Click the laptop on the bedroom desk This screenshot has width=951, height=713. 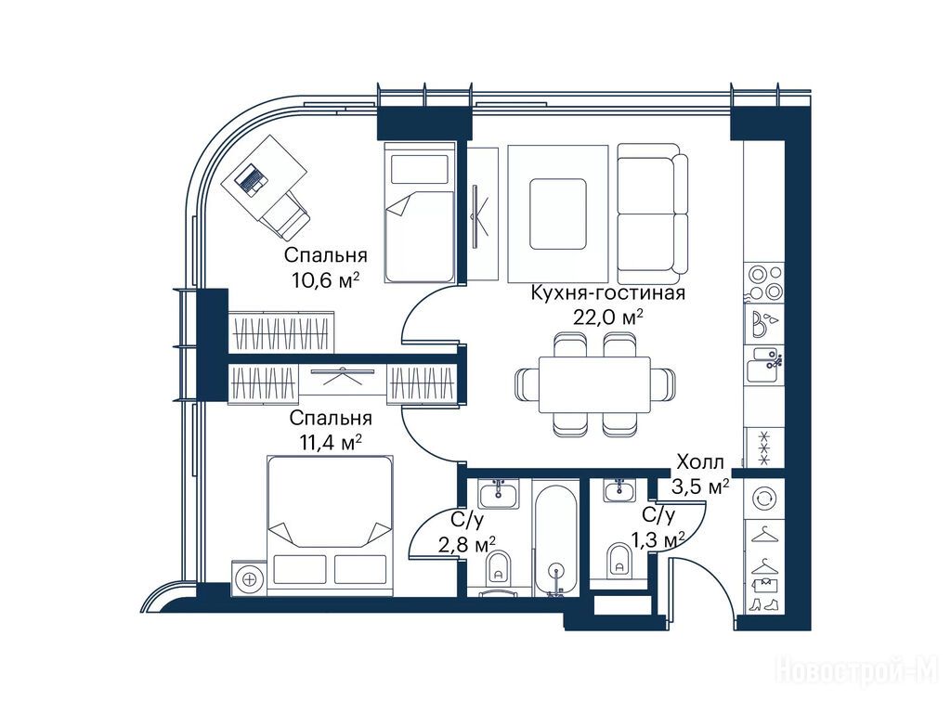(x=251, y=179)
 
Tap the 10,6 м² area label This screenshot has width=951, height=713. (x=325, y=280)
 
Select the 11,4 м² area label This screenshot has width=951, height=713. (x=332, y=443)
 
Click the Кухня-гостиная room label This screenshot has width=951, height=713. (x=607, y=292)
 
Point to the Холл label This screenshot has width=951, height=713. (x=700, y=462)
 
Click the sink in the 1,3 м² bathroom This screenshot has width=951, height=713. (x=619, y=490)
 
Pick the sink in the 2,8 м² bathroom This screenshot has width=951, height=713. (x=499, y=494)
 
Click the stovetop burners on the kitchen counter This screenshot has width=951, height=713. (x=764, y=283)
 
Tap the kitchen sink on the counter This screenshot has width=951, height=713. (x=764, y=364)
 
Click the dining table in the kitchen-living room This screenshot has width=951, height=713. (x=594, y=384)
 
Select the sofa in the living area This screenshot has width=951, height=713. (x=653, y=209)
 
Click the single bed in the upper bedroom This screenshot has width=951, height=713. (x=419, y=213)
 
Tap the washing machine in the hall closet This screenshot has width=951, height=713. (x=763, y=499)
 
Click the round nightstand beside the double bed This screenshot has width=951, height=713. (x=249, y=579)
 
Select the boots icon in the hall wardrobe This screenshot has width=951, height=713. (x=763, y=604)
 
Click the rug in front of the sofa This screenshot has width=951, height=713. (x=558, y=214)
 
